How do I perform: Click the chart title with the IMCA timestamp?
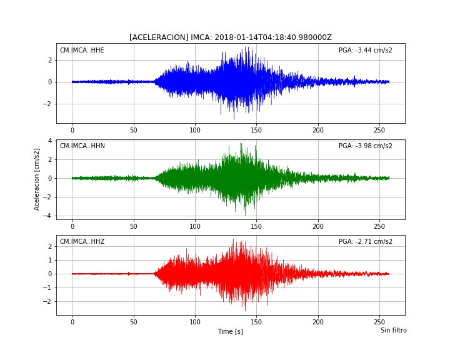pyautogui.click(x=231, y=37)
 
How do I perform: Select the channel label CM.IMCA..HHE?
pyautogui.click(x=82, y=50)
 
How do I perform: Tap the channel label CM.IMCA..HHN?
pyautogui.click(x=82, y=146)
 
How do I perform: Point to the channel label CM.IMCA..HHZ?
pyautogui.click(x=82, y=241)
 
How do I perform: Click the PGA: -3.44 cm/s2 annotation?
pyautogui.click(x=366, y=50)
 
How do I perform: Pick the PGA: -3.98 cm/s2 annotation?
pyautogui.click(x=366, y=146)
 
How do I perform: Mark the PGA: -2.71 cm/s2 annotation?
pyautogui.click(x=366, y=241)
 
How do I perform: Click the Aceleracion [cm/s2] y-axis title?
pyautogui.click(x=36, y=179)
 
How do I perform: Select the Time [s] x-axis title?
pyautogui.click(x=231, y=332)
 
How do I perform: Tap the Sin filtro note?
pyautogui.click(x=394, y=330)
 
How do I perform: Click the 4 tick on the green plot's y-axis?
pyautogui.click(x=50, y=141)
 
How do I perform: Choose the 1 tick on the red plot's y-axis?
pyautogui.click(x=50, y=260)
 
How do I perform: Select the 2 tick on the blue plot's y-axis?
pyautogui.click(x=50, y=60)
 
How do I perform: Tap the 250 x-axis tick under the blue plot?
pyautogui.click(x=379, y=130)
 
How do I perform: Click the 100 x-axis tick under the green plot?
pyautogui.click(x=195, y=226)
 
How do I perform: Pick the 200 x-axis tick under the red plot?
pyautogui.click(x=318, y=322)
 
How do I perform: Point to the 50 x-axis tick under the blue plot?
pyautogui.click(x=134, y=130)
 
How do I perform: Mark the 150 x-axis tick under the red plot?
pyautogui.click(x=257, y=322)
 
